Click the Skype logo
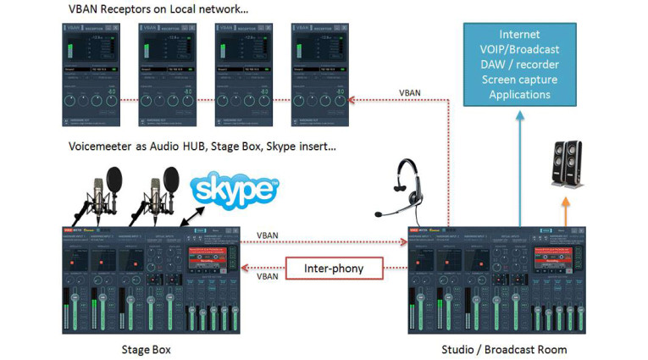pos(233,191)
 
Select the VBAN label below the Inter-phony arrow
pos(267,276)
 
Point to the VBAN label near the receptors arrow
pos(410,93)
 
